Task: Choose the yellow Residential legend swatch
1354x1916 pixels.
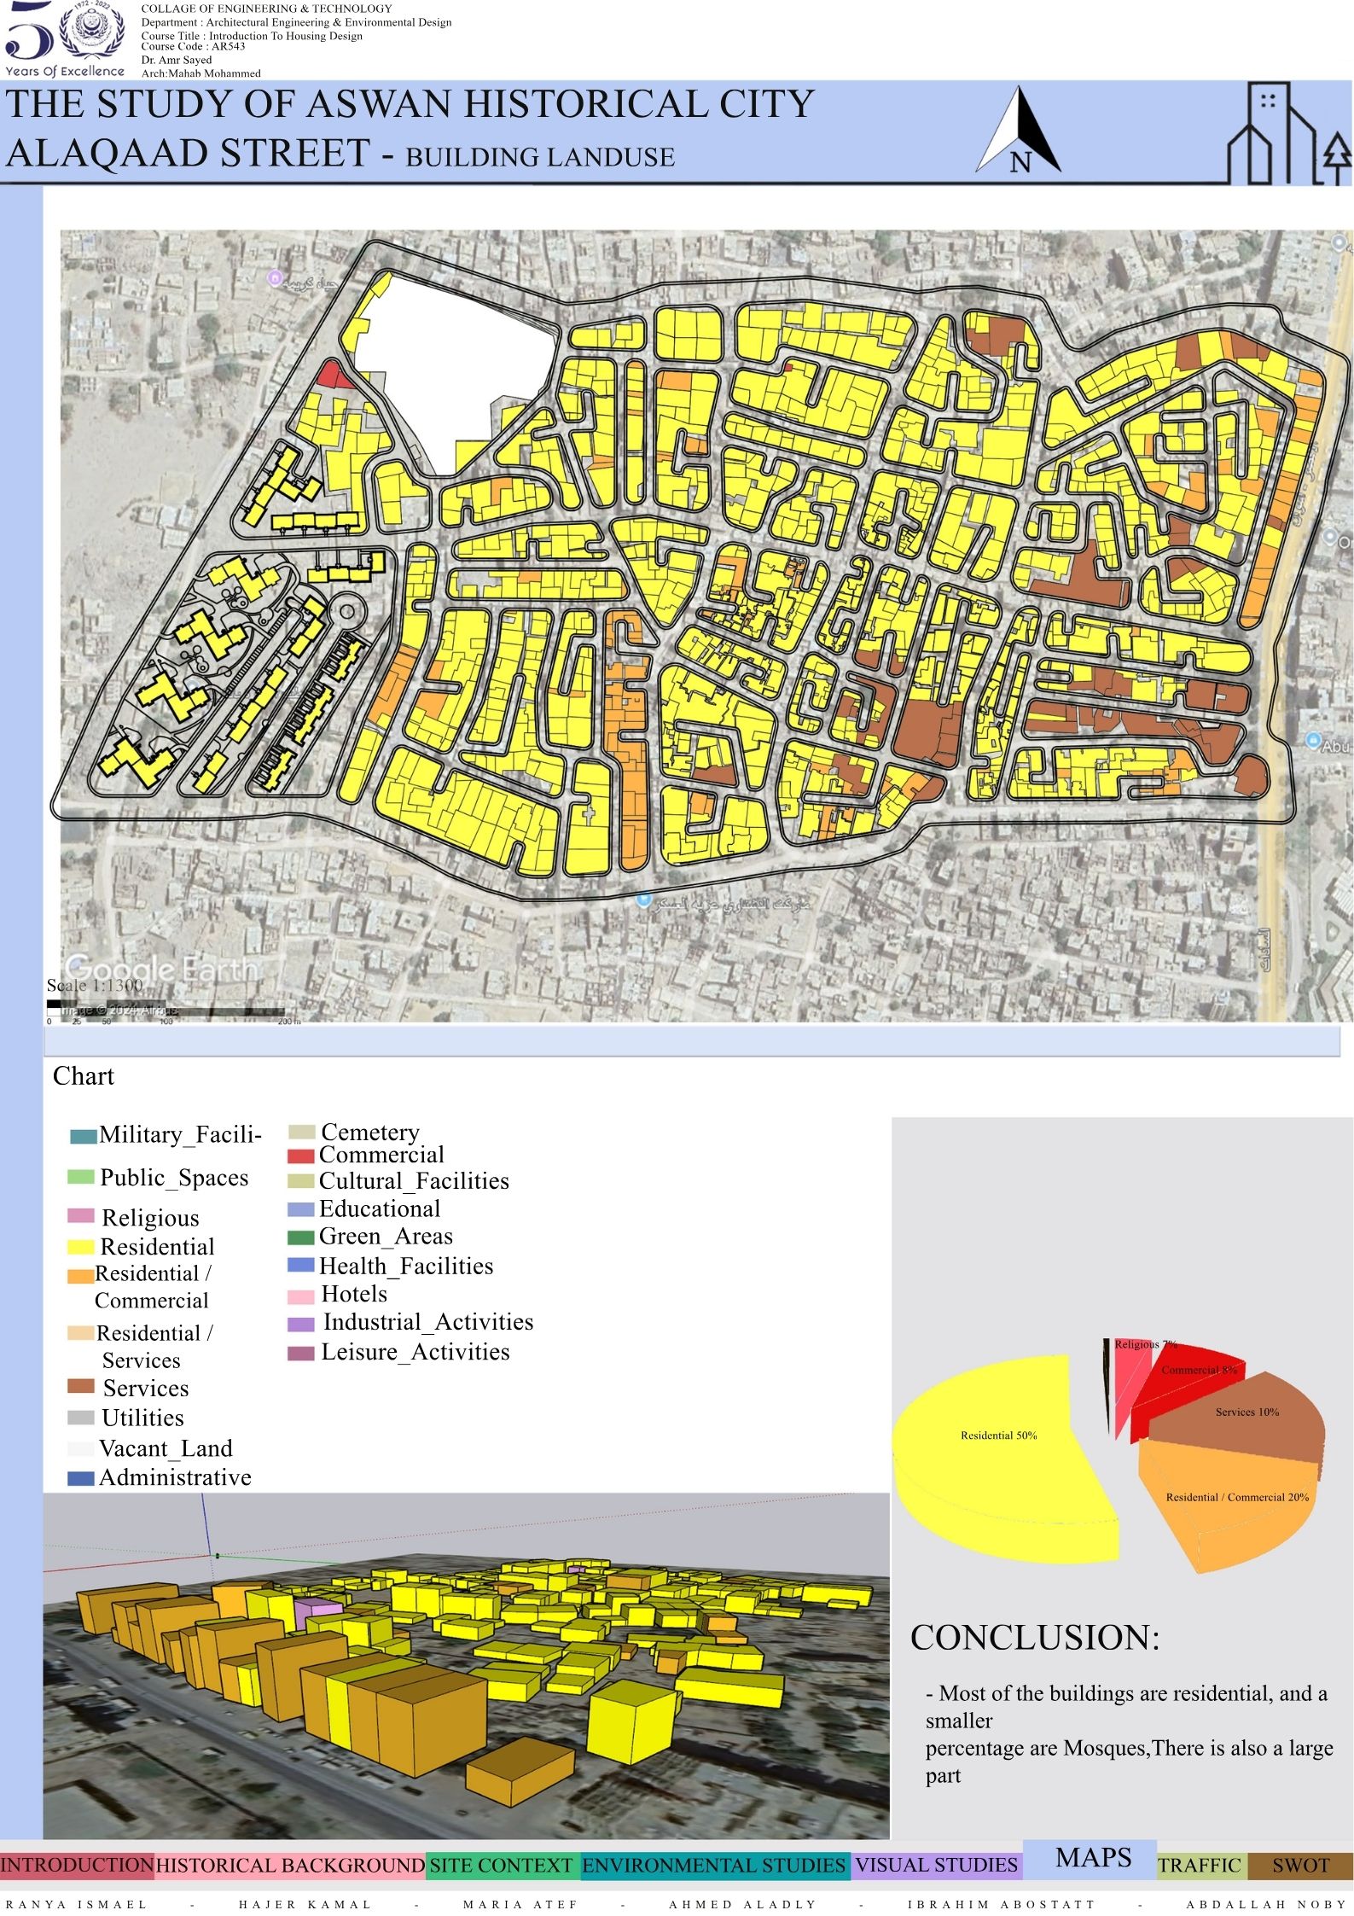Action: pyautogui.click(x=80, y=1247)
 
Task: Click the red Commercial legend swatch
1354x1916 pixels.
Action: pyautogui.click(x=301, y=1156)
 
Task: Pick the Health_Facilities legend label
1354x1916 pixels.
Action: pyautogui.click(x=406, y=1267)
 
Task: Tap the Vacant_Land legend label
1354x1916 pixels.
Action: pyautogui.click(x=166, y=1448)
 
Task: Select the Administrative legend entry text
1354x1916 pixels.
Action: pyautogui.click(x=175, y=1477)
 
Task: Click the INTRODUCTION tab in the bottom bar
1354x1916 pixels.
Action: pyautogui.click(x=77, y=1865)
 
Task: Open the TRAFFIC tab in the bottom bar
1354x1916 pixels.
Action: pyautogui.click(x=1200, y=1866)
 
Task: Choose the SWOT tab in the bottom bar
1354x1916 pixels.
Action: pyautogui.click(x=1300, y=1866)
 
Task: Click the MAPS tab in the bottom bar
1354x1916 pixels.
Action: pyautogui.click(x=1093, y=1858)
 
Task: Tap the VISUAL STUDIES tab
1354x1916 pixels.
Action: pyautogui.click(x=936, y=1866)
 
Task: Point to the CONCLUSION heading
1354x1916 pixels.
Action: pyautogui.click(x=1035, y=1638)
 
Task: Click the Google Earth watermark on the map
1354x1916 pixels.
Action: pyautogui.click(x=160, y=969)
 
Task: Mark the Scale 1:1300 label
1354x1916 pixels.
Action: pyautogui.click(x=95, y=985)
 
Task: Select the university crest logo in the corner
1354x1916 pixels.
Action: pyautogui.click(x=88, y=31)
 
